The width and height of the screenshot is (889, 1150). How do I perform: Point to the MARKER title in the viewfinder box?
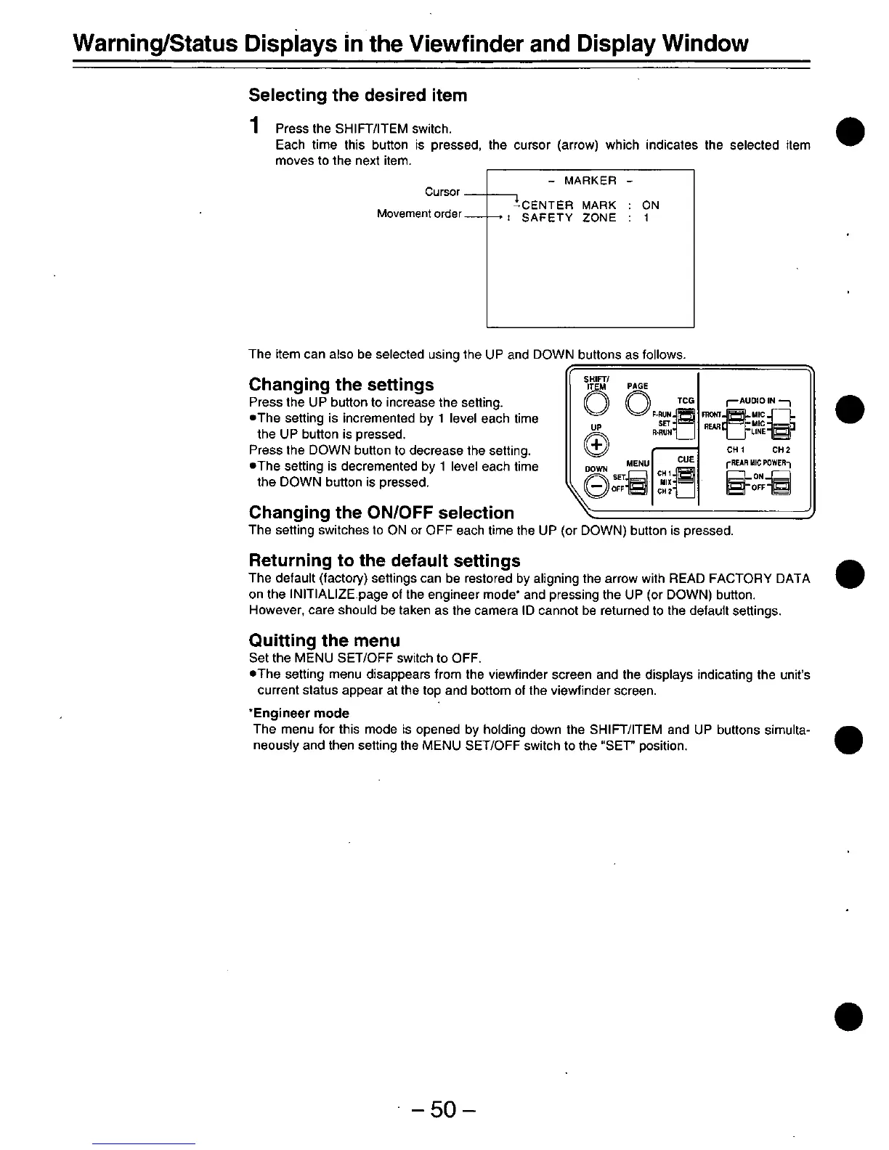coord(590,181)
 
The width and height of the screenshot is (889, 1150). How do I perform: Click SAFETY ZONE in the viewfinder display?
coord(569,218)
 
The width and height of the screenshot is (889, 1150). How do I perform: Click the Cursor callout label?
coord(442,192)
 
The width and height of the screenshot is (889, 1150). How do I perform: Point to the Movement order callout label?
coord(419,213)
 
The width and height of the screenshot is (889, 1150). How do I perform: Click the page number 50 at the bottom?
coord(442,1110)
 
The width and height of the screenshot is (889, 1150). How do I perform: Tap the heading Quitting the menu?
coord(324,640)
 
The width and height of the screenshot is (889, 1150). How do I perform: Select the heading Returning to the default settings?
coord(384,560)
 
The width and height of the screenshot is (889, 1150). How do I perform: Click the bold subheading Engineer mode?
coord(301,714)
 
